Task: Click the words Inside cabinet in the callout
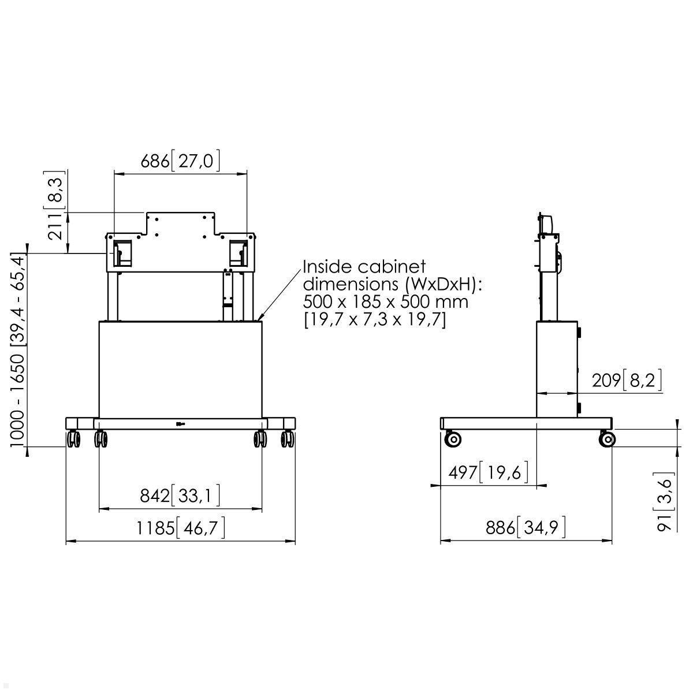pos(364,267)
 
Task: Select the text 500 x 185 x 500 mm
pos(386,301)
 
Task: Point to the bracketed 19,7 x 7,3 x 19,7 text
pos(375,319)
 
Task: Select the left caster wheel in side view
pos(453,439)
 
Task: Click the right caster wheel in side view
pos(607,439)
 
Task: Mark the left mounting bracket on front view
pos(122,254)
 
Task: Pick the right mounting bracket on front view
pos(239,254)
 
